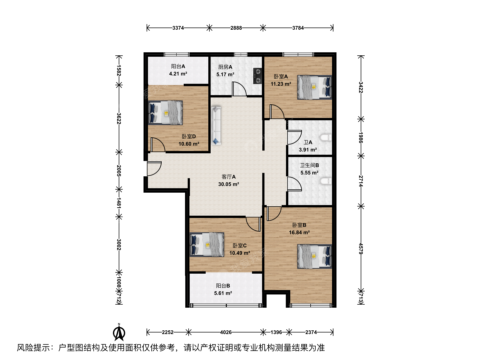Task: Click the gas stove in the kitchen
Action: pyautogui.click(x=257, y=76)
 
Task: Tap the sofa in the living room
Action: pyautogui.click(x=216, y=126)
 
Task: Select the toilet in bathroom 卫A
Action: pyautogui.click(x=326, y=138)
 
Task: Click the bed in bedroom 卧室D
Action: pyautogui.click(x=165, y=113)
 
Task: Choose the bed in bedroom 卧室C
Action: pyautogui.click(x=207, y=244)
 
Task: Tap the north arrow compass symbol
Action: pyautogui.click(x=119, y=333)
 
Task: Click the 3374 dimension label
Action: pyautogui.click(x=178, y=28)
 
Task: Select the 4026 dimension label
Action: pyautogui.click(x=226, y=332)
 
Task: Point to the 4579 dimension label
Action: pyautogui.click(x=361, y=249)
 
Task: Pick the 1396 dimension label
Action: pyautogui.click(x=276, y=332)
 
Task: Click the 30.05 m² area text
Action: pyautogui.click(x=229, y=184)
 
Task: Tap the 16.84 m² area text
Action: pyautogui.click(x=299, y=233)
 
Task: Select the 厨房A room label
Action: pyautogui.click(x=225, y=67)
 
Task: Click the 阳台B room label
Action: pyautogui.click(x=223, y=286)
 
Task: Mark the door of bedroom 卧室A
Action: pyautogui.click(x=277, y=112)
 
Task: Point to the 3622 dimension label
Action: pyautogui.click(x=119, y=118)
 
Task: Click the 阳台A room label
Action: pyautogui.click(x=178, y=66)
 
